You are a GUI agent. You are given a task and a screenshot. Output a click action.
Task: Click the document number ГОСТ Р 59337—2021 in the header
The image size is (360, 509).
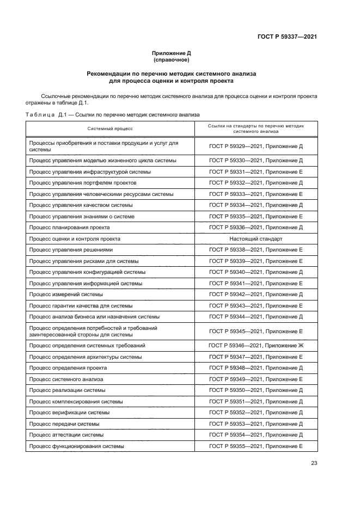click(287, 38)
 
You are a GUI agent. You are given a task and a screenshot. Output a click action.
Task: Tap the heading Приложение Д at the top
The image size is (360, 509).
click(172, 53)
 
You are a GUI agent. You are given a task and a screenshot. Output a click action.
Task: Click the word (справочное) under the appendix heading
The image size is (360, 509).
click(172, 60)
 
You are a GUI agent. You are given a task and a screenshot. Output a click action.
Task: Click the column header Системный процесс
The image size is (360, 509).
click(111, 128)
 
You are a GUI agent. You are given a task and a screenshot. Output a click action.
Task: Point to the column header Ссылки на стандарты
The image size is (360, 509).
click(255, 128)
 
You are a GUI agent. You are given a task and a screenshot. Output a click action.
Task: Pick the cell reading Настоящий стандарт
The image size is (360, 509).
click(255, 238)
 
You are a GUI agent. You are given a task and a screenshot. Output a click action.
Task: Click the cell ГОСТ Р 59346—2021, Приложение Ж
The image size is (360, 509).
click(255, 346)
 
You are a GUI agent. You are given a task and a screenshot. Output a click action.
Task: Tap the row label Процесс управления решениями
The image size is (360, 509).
click(71, 250)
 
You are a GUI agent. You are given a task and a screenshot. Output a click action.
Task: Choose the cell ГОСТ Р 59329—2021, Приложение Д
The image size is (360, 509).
click(255, 146)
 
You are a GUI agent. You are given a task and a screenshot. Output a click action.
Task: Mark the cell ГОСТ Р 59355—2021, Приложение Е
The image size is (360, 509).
click(255, 446)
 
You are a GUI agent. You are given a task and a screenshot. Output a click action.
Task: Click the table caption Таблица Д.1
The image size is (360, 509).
click(46, 115)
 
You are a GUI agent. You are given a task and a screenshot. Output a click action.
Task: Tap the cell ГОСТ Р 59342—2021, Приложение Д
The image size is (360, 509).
click(255, 295)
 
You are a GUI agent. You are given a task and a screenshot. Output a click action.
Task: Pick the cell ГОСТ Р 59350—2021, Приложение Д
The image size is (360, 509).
click(255, 390)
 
